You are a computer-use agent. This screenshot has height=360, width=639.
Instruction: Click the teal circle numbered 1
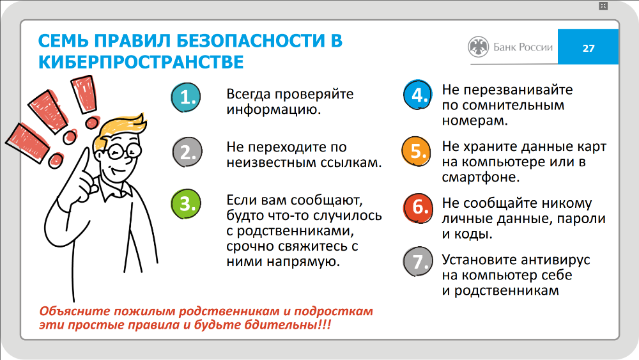tap(186, 97)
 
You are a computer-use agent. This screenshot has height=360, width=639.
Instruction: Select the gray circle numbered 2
tap(187, 152)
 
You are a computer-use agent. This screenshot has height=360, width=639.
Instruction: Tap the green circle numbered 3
tap(186, 203)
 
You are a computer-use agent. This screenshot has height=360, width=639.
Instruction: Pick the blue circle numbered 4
tap(417, 95)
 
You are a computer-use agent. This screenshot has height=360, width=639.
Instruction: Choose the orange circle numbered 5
tap(416, 152)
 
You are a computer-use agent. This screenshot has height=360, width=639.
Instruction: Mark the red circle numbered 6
tap(418, 208)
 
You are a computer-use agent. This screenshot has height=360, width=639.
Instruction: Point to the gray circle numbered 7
tap(418, 262)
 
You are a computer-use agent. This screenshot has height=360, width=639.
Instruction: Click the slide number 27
tap(589, 49)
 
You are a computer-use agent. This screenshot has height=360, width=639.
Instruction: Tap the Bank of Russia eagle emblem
tap(478, 47)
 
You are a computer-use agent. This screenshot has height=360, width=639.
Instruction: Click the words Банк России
tap(523, 47)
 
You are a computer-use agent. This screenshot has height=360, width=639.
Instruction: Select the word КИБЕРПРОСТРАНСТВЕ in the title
tap(141, 63)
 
